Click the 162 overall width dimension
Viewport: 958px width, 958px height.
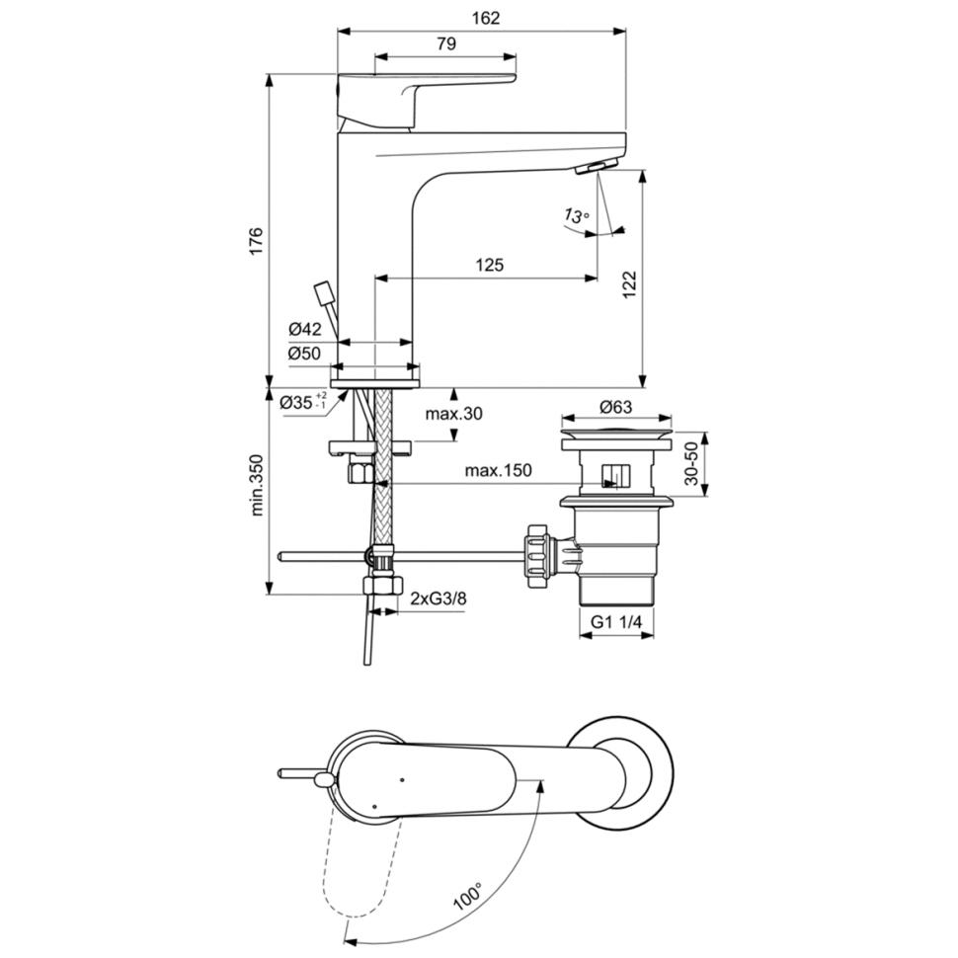[x=486, y=18]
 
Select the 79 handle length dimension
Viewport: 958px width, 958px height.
[x=445, y=43]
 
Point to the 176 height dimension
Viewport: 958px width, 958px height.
[x=255, y=241]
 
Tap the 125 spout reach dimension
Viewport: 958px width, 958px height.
[x=489, y=265]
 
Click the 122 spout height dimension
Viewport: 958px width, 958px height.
[x=629, y=284]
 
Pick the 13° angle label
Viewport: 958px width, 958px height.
[x=576, y=215]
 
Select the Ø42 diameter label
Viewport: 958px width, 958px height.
[x=305, y=329]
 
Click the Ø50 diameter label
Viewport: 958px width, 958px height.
[x=305, y=353]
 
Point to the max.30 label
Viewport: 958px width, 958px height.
[x=454, y=414]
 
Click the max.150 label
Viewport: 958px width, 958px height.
[x=498, y=471]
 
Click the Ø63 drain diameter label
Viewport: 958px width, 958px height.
[x=615, y=406]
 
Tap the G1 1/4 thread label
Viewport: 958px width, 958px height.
[x=617, y=620]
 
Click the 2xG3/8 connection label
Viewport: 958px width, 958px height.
[x=439, y=599]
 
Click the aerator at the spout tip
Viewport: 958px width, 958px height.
[x=597, y=166]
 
